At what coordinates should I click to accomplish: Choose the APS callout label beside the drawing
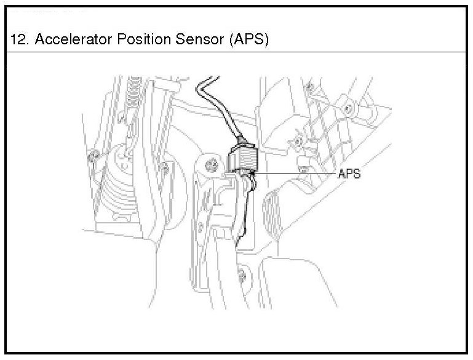pyautogui.click(x=349, y=174)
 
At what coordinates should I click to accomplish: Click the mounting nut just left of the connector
pyautogui.click(x=212, y=164)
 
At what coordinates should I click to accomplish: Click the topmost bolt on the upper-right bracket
pyautogui.click(x=349, y=109)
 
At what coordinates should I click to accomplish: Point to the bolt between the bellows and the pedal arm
pyautogui.click(x=164, y=167)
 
